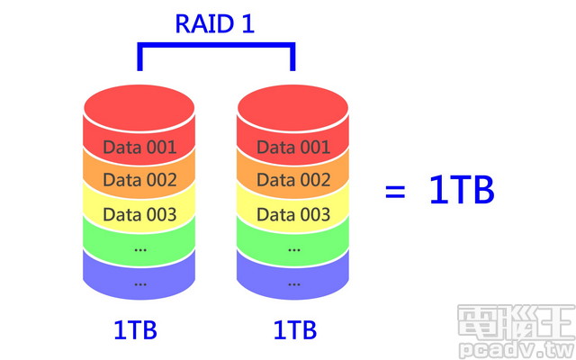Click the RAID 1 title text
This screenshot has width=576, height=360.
[x=215, y=23]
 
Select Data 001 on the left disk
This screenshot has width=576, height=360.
[x=139, y=147]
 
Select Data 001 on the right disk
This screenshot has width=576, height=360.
[x=293, y=147]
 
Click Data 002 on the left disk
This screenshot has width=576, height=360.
[x=139, y=180]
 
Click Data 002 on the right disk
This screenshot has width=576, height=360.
[x=293, y=180]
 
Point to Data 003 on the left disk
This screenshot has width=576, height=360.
[x=139, y=214]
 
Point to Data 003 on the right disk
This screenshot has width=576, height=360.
[x=293, y=214]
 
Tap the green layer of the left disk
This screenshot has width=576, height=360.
[x=139, y=247]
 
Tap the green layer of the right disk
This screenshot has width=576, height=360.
[x=293, y=247]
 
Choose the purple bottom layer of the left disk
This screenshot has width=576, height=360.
[x=139, y=282]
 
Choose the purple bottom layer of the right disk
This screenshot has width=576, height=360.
[x=293, y=282]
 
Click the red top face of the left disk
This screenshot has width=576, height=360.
[x=139, y=106]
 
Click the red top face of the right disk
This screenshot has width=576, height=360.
[x=293, y=106]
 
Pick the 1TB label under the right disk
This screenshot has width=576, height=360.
[x=294, y=330]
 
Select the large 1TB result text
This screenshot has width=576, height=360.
[x=462, y=191]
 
